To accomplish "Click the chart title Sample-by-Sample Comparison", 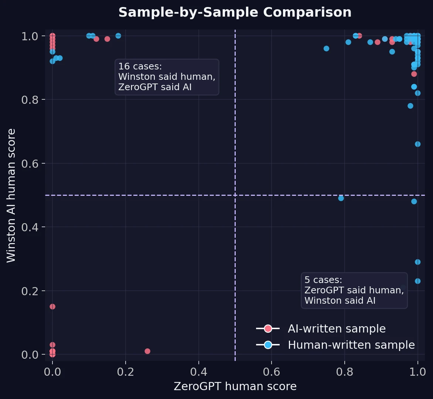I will coord(235,13).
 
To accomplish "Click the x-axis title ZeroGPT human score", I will coord(235,386).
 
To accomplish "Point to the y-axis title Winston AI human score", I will coord(12,195).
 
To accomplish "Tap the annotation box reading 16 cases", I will coord(167,77).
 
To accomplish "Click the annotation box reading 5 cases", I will coord(354,290).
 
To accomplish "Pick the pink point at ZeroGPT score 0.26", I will coord(147,351).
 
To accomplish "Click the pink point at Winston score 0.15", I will coord(52,307).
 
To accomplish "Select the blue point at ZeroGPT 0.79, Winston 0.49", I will coord(341,198).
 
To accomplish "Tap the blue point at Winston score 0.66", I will coord(417,144).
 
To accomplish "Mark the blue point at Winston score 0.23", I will coord(417,281).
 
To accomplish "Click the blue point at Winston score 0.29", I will coord(417,262).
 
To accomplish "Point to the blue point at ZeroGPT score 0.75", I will coord(326,48).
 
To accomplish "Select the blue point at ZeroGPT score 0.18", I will coord(118,36).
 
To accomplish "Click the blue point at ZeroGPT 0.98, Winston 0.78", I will coord(410,106).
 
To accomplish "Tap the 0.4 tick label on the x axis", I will coord(198,371).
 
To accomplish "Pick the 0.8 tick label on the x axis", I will coord(345,371).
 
